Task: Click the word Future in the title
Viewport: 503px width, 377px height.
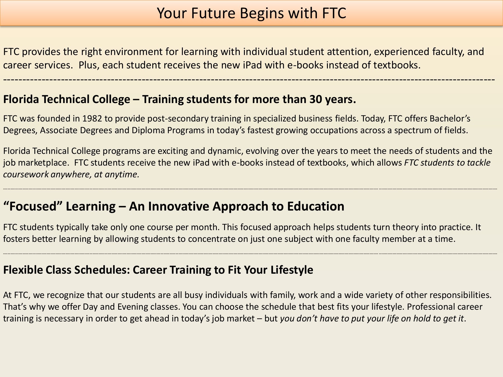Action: click(213, 13)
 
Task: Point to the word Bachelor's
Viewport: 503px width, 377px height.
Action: click(450, 119)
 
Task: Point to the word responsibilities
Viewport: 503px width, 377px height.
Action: click(460, 295)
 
